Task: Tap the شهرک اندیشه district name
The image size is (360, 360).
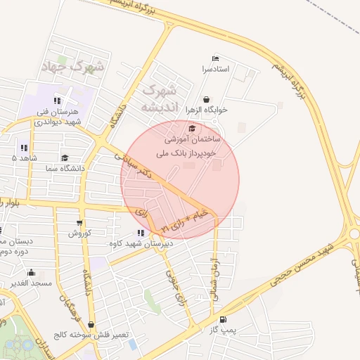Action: click(x=162, y=99)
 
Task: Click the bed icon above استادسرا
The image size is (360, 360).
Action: click(x=214, y=58)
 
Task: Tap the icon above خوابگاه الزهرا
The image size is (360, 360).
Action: click(x=206, y=100)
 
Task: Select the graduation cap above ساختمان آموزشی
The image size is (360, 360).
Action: click(x=192, y=128)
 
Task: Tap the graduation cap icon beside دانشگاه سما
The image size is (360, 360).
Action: click(x=65, y=158)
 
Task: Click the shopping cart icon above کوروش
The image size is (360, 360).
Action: click(x=79, y=222)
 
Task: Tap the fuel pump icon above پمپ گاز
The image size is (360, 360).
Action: click(x=223, y=319)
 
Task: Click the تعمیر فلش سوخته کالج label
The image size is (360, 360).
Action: click(x=94, y=335)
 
